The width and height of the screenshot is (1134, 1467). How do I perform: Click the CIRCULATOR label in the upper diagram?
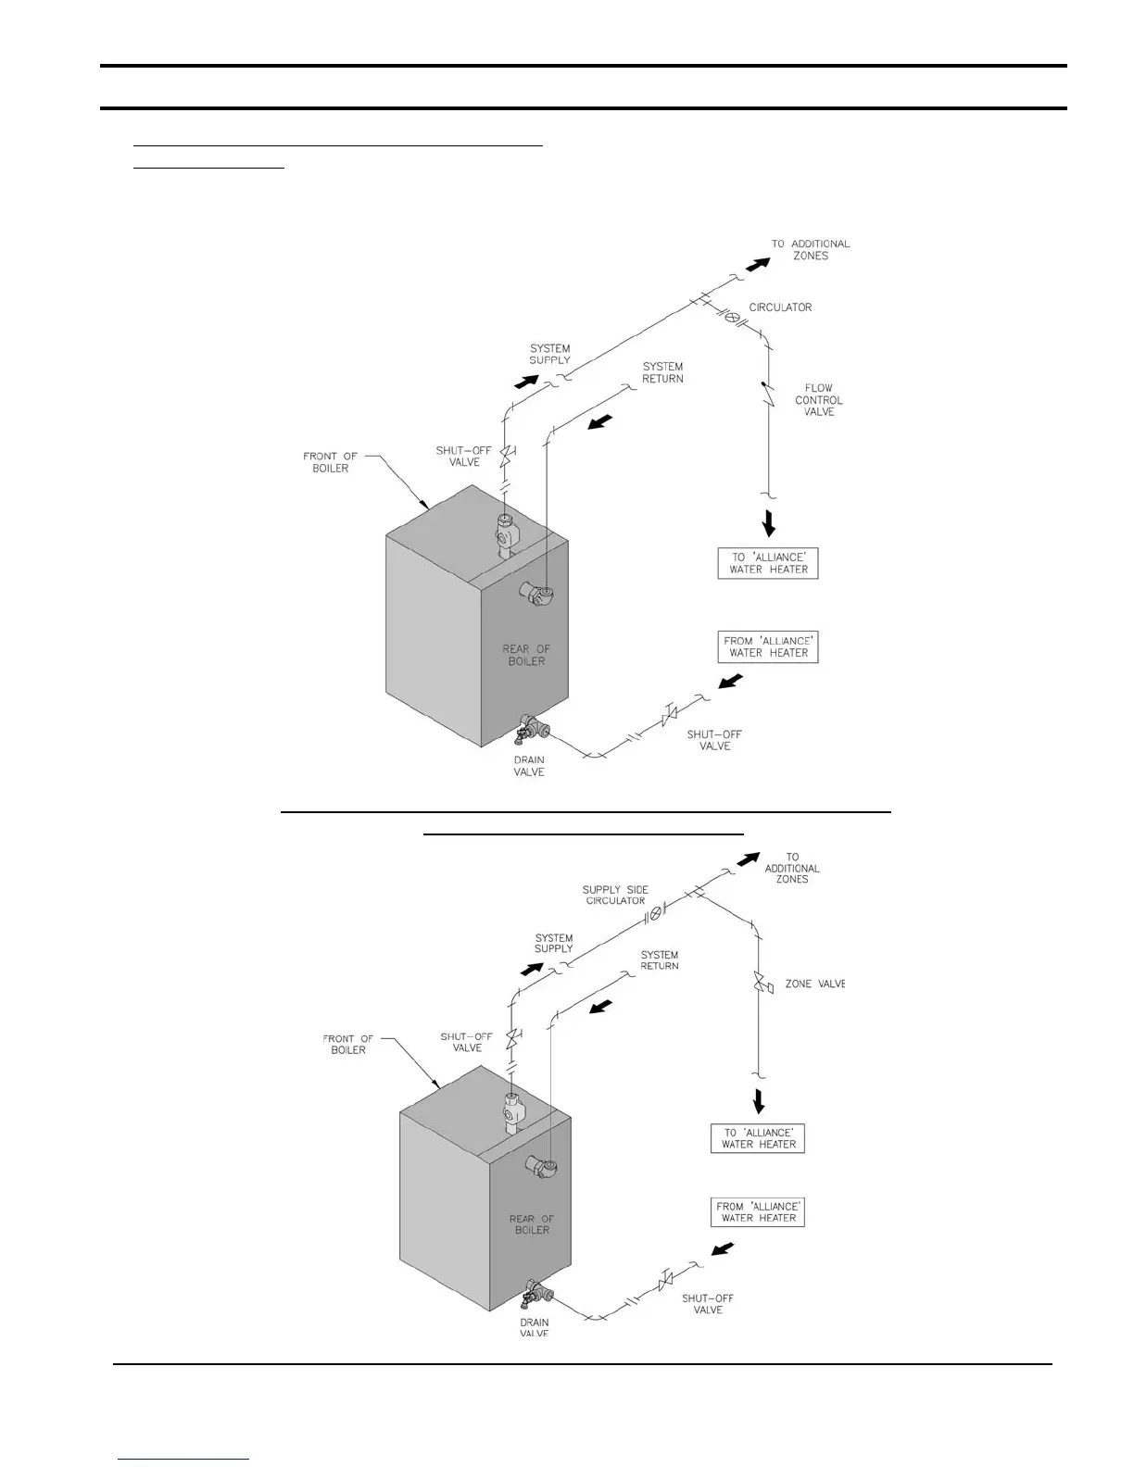[780, 307]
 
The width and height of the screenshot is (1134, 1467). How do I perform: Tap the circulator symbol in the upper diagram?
[731, 317]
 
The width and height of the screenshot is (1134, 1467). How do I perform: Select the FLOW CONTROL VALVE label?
[819, 400]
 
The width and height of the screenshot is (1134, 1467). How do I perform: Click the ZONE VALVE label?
[814, 984]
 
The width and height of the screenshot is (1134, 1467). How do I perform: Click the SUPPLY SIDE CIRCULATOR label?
[615, 895]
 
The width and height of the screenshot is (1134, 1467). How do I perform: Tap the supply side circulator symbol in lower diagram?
[655, 913]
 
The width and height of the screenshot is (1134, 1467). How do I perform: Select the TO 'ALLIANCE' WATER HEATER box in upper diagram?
[768, 563]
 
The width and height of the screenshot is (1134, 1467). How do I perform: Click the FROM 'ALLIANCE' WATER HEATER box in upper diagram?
[768, 646]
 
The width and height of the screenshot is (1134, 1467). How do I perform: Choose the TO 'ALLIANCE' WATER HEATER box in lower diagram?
[759, 1138]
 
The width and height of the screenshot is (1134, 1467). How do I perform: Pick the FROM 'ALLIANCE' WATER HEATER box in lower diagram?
[758, 1212]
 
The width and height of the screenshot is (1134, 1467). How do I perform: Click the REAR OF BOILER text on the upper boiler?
[526, 655]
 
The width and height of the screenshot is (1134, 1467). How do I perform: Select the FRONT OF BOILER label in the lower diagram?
[348, 1044]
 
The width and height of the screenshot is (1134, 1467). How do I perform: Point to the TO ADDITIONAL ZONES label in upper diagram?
[811, 250]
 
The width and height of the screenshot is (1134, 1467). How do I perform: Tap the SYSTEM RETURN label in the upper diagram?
[662, 372]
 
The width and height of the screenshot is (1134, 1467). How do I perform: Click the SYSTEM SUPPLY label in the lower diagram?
[554, 943]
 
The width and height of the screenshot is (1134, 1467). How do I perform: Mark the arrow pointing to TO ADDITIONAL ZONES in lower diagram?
[748, 859]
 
